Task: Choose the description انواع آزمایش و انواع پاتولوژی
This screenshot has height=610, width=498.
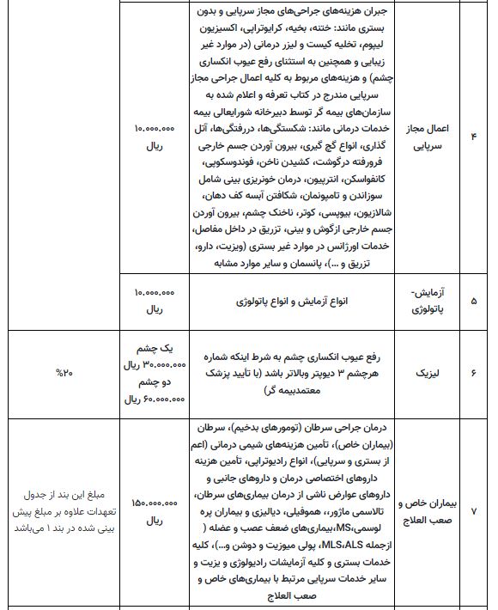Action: click(293, 302)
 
